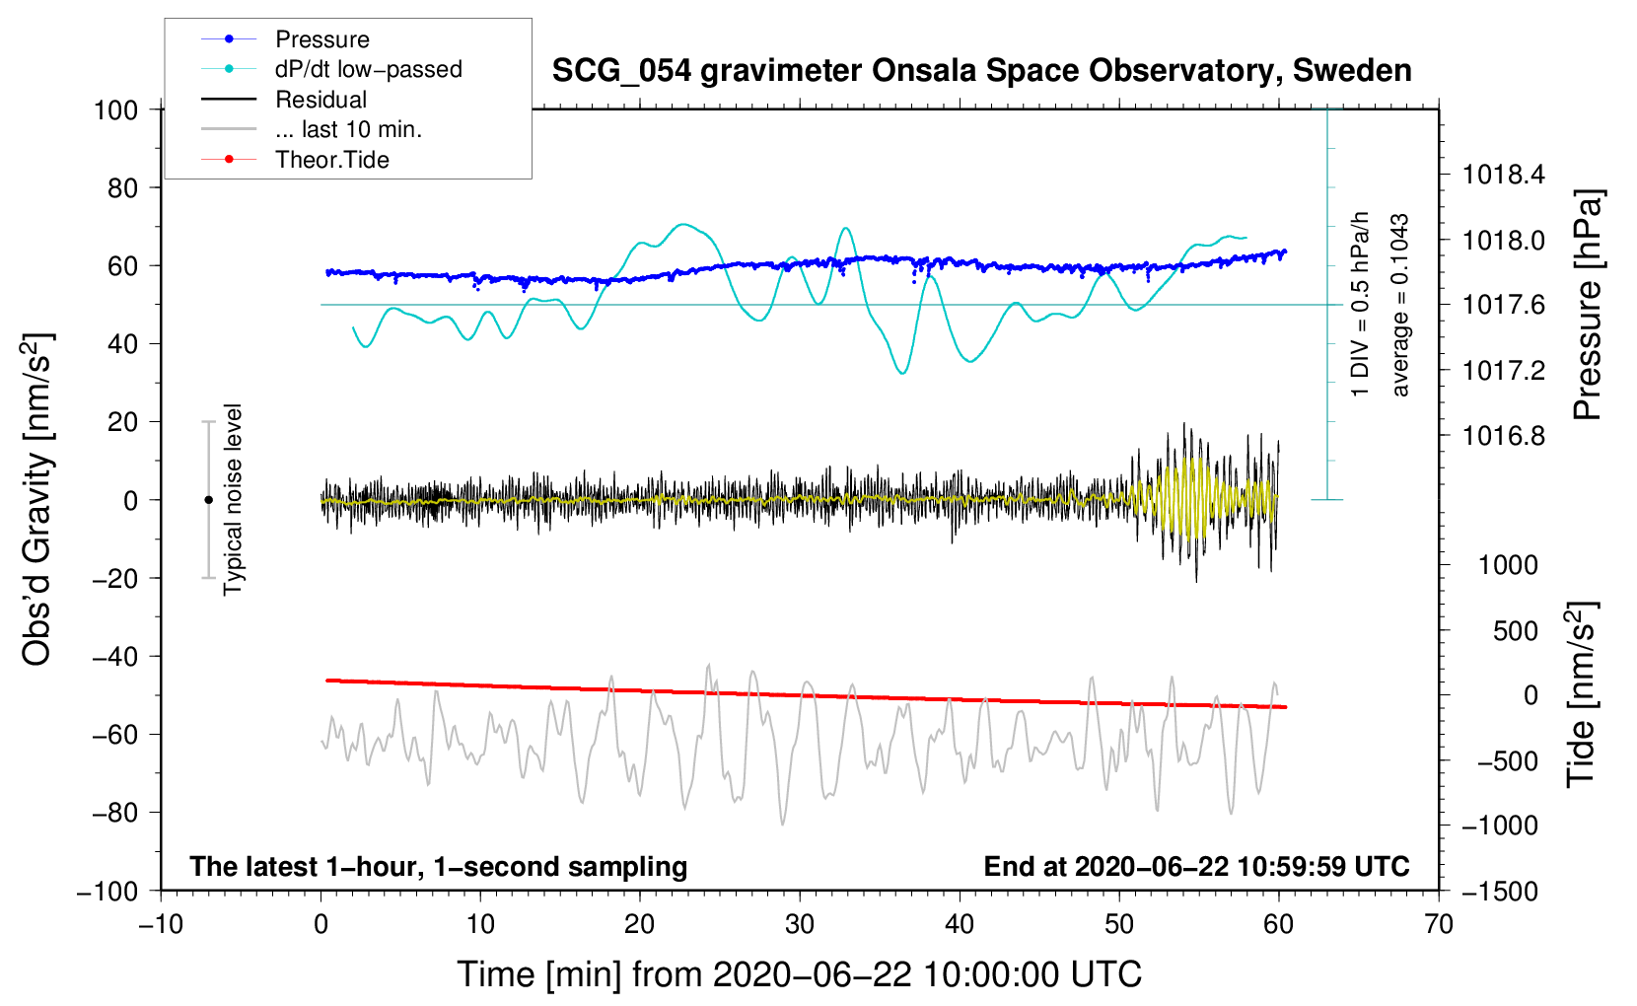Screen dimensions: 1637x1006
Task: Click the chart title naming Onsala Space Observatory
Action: click(981, 71)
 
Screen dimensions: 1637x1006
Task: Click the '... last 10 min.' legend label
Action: click(348, 129)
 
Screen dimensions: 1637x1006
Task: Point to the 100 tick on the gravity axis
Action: click(115, 110)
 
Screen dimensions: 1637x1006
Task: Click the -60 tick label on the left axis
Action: click(115, 735)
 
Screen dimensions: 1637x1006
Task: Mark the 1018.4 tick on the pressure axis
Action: click(1503, 175)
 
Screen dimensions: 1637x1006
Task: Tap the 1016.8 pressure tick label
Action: click(1503, 436)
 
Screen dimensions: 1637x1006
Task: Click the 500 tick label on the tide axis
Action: click(1516, 631)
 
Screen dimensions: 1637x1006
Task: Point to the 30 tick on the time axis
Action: click(800, 925)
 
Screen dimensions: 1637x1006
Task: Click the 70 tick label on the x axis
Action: click(1439, 925)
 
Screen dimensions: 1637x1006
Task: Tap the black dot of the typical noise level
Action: click(208, 500)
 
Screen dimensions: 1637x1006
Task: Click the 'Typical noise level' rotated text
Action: click(233, 500)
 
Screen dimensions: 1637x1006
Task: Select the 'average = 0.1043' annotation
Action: click(1399, 305)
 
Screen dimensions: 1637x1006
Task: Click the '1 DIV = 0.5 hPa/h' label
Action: click(1359, 305)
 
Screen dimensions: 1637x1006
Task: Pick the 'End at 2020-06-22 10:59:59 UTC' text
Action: click(1196, 866)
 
